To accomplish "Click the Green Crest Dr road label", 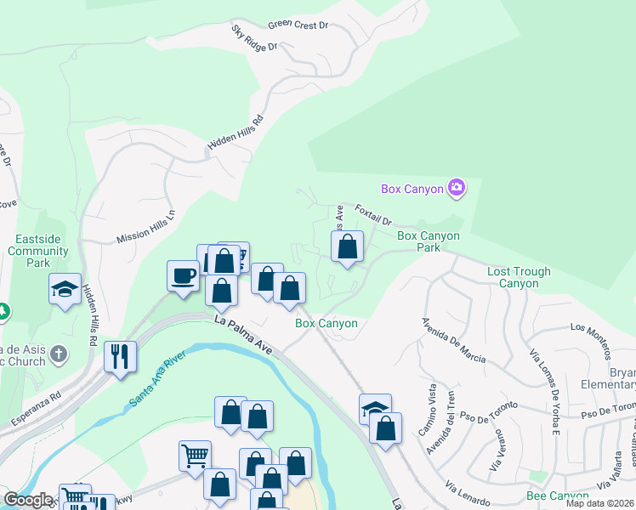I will click(x=298, y=25).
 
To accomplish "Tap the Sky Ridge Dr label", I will click(x=254, y=38).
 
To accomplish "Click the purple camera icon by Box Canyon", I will click(x=457, y=188).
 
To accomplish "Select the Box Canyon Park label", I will click(x=429, y=241).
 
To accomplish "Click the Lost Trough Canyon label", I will click(x=519, y=277).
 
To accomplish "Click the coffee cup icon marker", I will click(x=184, y=275).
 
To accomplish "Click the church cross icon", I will click(x=58, y=353).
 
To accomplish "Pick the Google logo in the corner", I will click(x=28, y=500).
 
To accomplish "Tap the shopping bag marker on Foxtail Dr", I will click(x=347, y=247).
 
